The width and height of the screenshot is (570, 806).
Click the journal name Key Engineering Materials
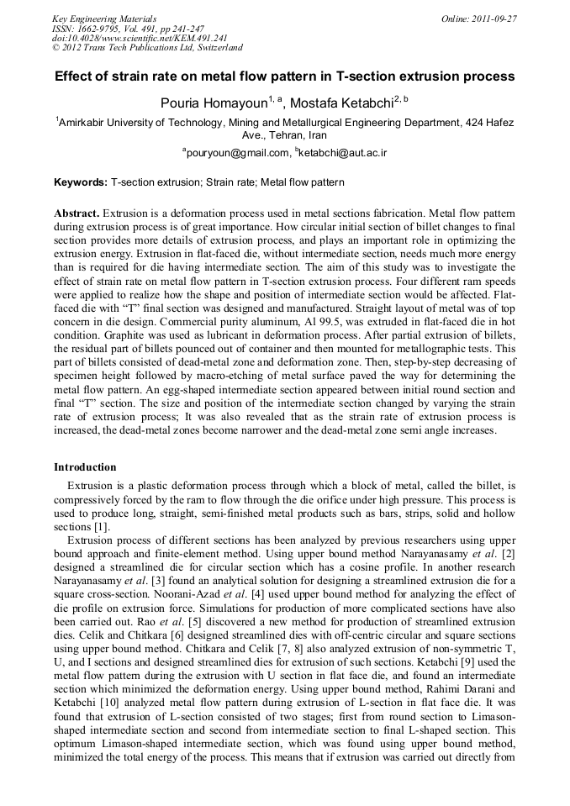(103, 18)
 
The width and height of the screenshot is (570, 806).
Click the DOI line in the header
(128, 38)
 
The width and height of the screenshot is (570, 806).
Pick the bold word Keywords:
(81, 182)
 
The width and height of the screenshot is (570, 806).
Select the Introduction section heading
(85, 466)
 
